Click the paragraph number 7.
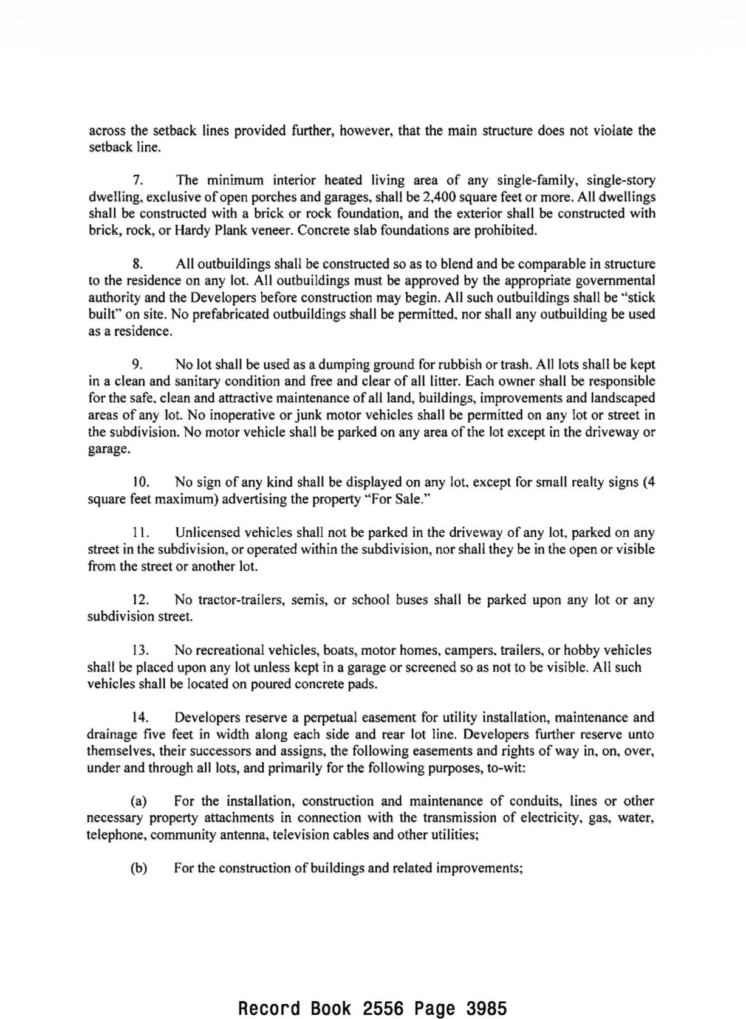click(137, 180)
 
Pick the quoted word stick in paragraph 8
click(640, 298)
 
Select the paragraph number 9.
click(137, 365)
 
